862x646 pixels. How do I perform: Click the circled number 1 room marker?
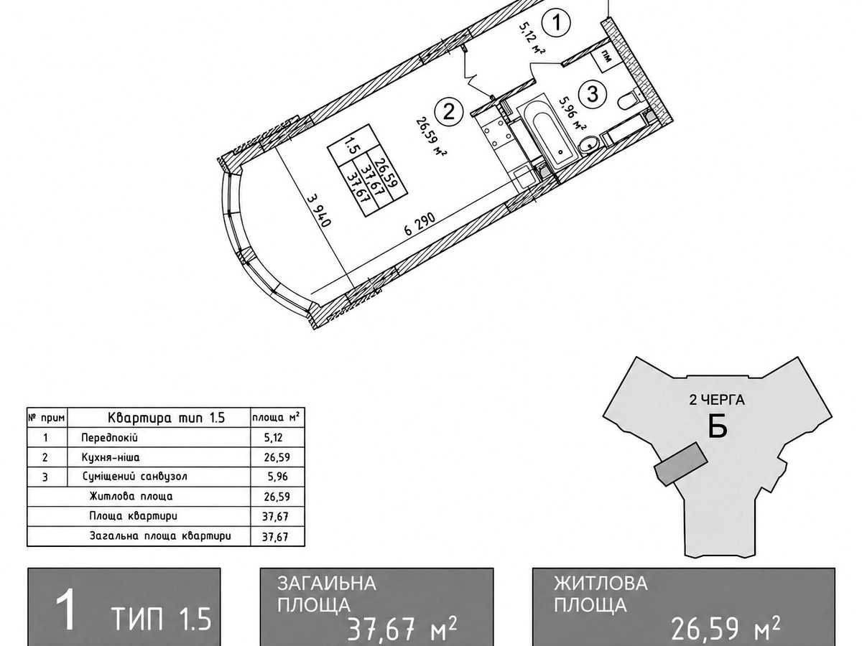556,24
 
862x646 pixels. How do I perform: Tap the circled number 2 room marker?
448,111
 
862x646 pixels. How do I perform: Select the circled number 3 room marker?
592,94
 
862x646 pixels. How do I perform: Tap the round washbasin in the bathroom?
588,145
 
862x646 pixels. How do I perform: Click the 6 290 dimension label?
420,223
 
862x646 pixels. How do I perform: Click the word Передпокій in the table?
109,438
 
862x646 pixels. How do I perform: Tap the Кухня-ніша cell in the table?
111,457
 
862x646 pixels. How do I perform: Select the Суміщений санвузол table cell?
135,477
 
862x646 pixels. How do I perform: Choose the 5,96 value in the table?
277,477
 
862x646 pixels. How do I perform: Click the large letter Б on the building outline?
718,426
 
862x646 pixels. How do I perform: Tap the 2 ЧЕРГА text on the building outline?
717,400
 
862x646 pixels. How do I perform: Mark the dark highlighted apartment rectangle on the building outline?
680,464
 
